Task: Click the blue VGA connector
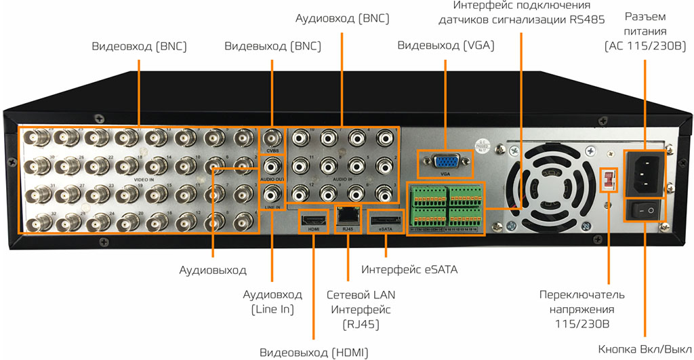[445, 161]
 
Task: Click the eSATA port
[384, 219]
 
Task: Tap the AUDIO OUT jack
[272, 166]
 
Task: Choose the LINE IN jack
[272, 195]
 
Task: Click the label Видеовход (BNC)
[139, 47]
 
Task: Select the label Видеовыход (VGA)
[445, 47]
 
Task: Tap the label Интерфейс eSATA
[409, 270]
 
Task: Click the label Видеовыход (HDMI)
[312, 353]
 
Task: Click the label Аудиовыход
[213, 270]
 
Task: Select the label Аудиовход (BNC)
[342, 18]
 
